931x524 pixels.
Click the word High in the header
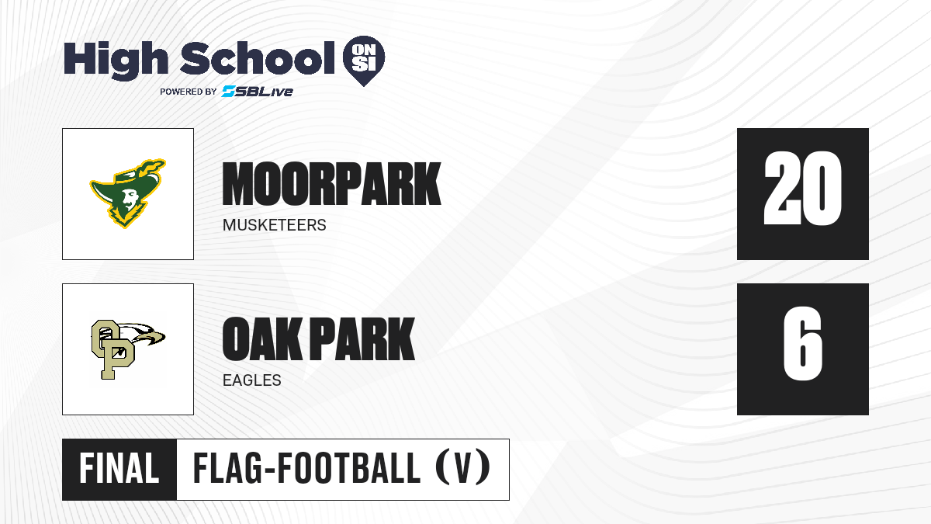(x=116, y=61)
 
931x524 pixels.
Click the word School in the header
(x=258, y=58)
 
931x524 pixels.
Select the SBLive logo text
(x=258, y=92)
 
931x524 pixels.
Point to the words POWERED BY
(x=189, y=92)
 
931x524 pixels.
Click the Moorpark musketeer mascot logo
(x=128, y=193)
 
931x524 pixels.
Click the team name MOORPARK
(x=331, y=184)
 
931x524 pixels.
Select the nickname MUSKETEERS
(x=275, y=225)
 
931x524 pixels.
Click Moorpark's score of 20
(x=803, y=189)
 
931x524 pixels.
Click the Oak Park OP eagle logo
(x=128, y=349)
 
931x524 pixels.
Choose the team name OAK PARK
(x=318, y=338)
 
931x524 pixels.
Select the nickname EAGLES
(x=252, y=380)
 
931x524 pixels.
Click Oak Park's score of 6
(x=803, y=343)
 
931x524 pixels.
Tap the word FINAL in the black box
(x=119, y=469)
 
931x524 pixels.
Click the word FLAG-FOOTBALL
(x=306, y=469)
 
